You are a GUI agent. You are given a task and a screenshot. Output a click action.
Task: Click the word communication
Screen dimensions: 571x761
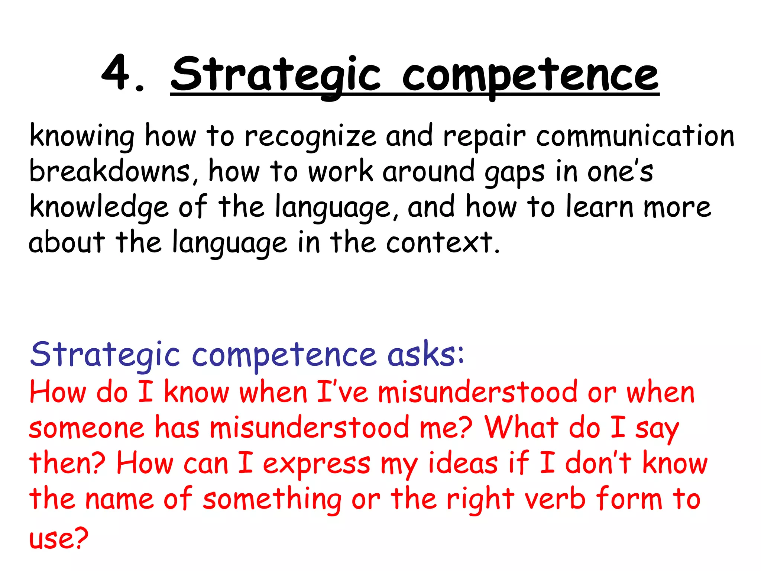635,136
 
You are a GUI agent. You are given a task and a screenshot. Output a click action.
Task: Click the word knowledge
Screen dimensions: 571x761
99,207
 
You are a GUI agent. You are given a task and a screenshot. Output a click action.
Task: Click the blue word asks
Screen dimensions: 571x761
425,354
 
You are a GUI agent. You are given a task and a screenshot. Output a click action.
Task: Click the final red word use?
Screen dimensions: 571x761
59,538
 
